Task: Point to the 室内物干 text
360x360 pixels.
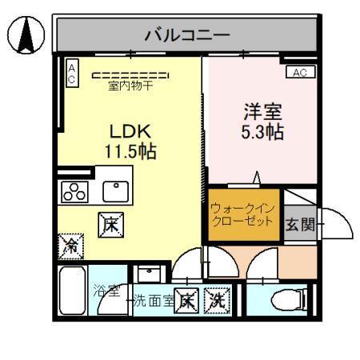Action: click(130, 86)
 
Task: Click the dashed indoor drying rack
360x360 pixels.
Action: click(130, 75)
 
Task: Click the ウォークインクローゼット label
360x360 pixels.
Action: click(244, 214)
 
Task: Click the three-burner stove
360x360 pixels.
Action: click(75, 192)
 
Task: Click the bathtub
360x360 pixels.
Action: click(73, 293)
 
